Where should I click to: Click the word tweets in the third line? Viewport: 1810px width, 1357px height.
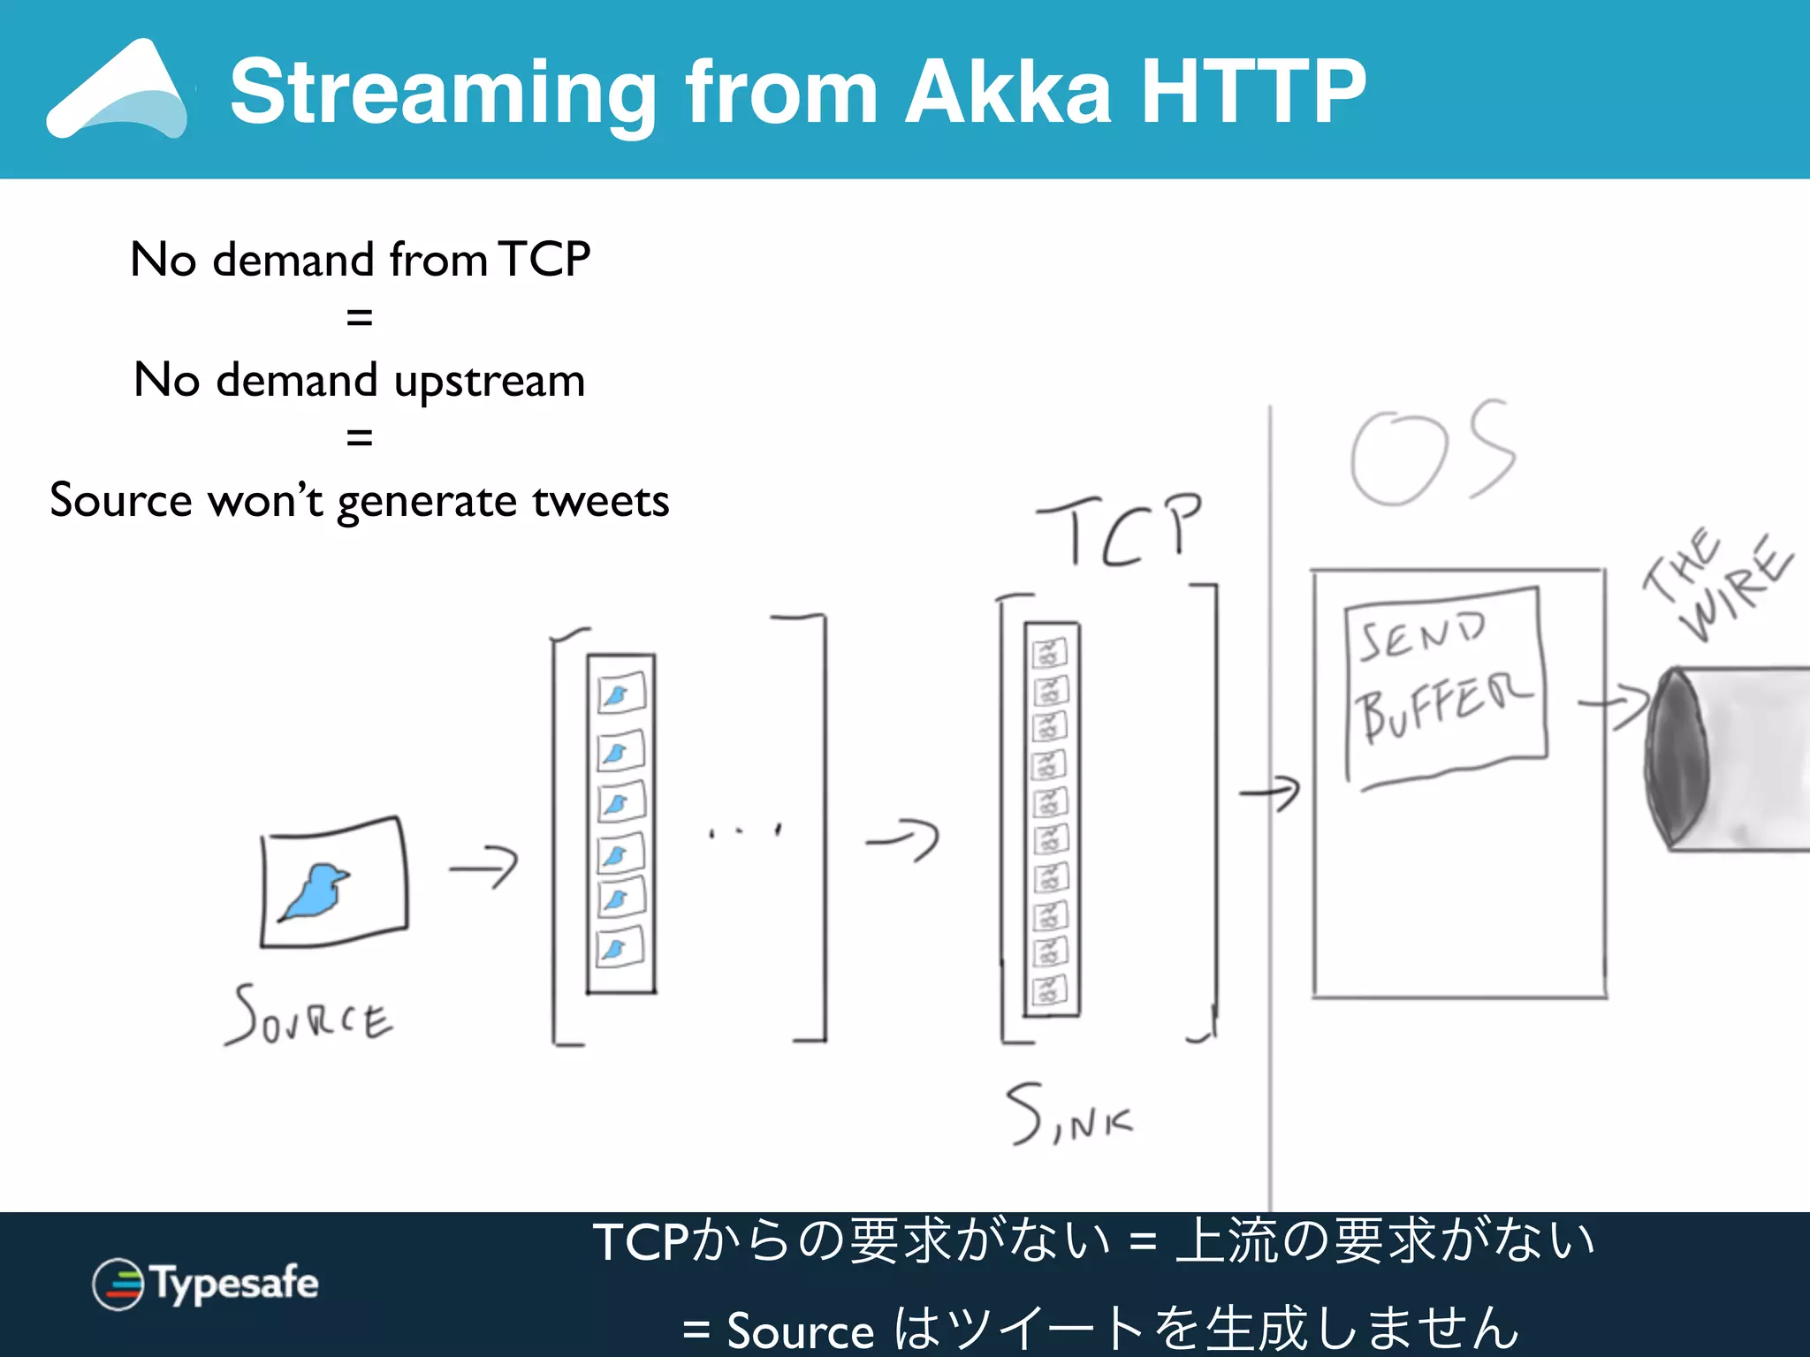point(600,501)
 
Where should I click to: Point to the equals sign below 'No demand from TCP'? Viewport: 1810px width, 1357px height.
point(359,317)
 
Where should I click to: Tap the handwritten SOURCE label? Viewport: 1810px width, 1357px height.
point(309,1016)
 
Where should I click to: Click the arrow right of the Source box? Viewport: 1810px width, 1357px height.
point(483,868)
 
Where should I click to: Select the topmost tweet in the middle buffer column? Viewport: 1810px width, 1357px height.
point(621,694)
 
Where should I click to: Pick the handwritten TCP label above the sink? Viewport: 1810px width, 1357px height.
point(1121,530)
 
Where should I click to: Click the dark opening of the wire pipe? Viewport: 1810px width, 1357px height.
point(1676,756)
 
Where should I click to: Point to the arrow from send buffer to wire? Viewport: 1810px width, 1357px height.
point(1614,706)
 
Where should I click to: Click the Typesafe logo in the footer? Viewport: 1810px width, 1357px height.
point(205,1284)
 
